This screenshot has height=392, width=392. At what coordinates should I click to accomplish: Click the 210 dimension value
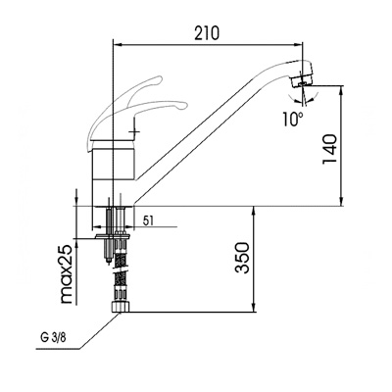click(207, 33)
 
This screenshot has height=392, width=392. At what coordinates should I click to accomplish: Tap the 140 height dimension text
click(329, 149)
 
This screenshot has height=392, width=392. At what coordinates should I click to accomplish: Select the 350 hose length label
click(243, 258)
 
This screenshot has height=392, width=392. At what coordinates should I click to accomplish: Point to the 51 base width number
click(148, 220)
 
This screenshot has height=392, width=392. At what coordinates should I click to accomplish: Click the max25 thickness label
click(67, 274)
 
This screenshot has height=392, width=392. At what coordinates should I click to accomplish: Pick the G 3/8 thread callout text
click(53, 338)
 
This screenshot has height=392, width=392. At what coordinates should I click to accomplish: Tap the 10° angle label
click(293, 119)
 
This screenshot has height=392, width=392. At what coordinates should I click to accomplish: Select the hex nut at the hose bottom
click(121, 307)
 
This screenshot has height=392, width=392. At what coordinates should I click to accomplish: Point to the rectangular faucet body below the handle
click(113, 160)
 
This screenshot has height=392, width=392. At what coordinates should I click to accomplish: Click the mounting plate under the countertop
click(113, 235)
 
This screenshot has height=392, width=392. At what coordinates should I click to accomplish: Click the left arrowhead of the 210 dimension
click(117, 45)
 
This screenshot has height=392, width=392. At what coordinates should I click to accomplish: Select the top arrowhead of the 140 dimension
click(341, 90)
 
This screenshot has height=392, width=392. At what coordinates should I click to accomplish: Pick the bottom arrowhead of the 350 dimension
click(254, 308)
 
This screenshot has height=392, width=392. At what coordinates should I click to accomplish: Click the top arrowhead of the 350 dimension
click(254, 211)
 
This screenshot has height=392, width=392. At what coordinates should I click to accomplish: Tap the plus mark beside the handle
click(134, 131)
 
